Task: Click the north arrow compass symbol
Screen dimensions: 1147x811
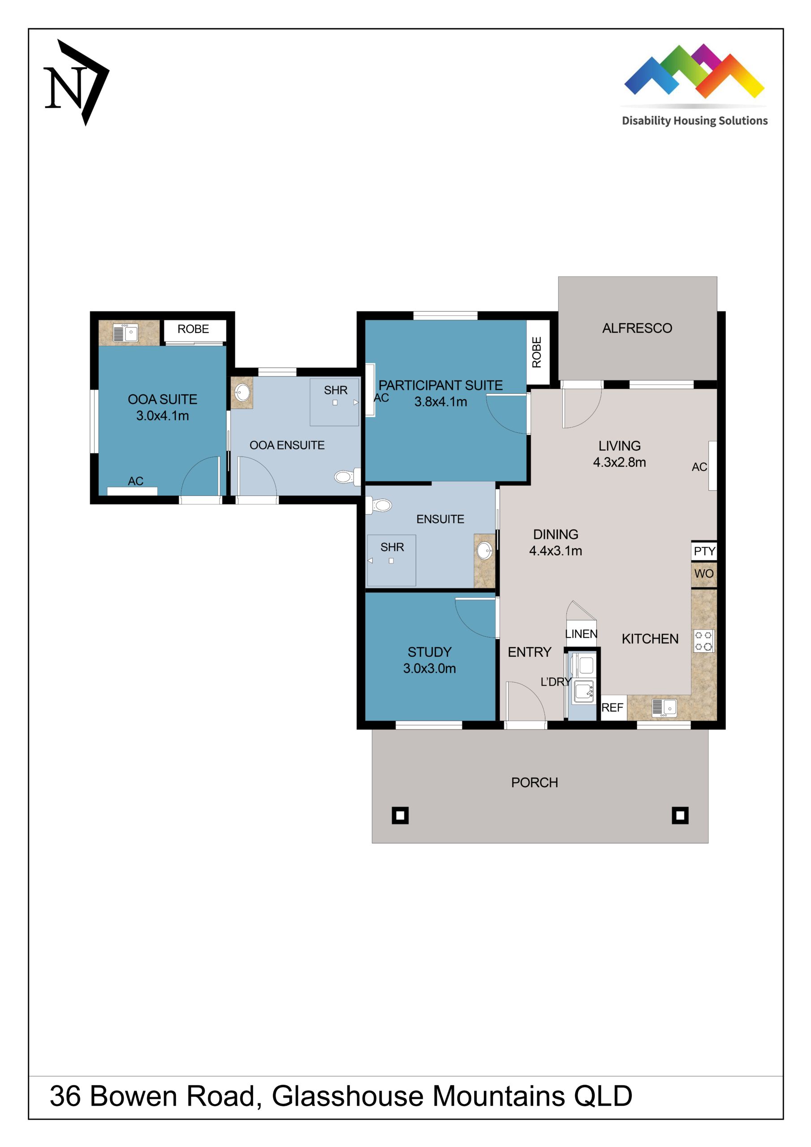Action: point(76,83)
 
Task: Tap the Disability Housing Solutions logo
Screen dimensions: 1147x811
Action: point(694,85)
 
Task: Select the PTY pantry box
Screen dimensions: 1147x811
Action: point(704,551)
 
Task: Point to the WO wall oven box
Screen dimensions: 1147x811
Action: point(703,573)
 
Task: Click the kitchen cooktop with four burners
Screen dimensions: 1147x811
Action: point(703,641)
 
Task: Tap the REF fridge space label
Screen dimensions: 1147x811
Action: point(612,707)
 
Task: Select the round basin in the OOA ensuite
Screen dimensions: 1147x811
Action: point(242,392)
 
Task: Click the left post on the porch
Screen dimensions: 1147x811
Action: point(400,815)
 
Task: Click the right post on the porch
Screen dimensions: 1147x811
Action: point(680,815)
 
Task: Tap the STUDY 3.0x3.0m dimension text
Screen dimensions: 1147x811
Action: point(429,668)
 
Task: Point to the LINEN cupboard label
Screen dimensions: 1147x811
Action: point(581,634)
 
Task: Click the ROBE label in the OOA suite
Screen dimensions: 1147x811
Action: point(194,329)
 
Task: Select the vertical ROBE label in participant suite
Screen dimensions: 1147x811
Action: point(537,352)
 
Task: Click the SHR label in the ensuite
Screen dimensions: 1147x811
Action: point(392,547)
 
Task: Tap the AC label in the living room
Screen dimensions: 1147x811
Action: point(699,467)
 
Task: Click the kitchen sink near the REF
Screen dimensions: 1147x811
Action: point(664,707)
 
